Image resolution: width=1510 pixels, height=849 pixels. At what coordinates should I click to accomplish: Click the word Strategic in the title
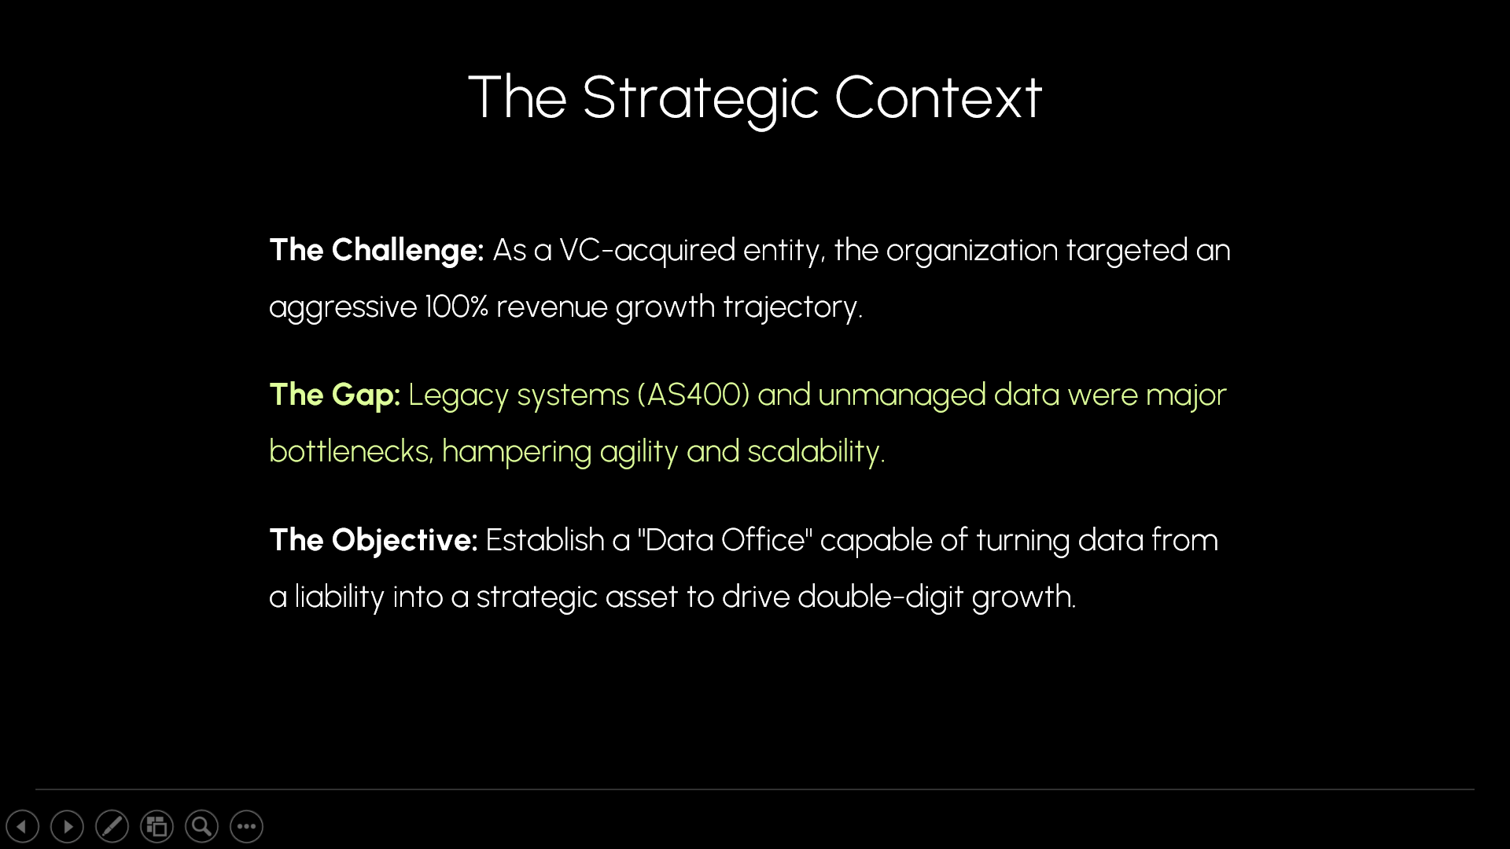(x=701, y=99)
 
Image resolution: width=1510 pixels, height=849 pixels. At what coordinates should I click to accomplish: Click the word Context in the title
(x=938, y=97)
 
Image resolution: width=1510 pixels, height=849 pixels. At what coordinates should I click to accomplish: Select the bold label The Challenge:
(x=377, y=251)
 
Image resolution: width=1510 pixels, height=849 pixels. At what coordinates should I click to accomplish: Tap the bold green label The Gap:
(x=335, y=395)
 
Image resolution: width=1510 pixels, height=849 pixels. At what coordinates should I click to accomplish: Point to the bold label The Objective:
(x=374, y=541)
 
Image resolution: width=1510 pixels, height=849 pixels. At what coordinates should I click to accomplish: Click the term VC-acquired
(x=647, y=251)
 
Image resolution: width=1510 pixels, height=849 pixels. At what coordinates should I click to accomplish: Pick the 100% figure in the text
(x=457, y=307)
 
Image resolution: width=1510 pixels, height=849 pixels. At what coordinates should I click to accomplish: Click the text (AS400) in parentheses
(x=694, y=395)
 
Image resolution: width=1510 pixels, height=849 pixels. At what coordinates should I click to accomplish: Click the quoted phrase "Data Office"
(x=725, y=540)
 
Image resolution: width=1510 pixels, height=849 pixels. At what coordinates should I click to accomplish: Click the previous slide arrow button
(x=22, y=826)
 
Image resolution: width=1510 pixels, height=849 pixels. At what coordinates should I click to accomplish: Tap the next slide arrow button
(x=67, y=826)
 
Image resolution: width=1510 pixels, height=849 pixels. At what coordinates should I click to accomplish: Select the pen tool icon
(x=112, y=826)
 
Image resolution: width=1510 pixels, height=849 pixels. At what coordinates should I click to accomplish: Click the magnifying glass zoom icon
(x=201, y=826)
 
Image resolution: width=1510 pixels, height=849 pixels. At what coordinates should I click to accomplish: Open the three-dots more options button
(x=246, y=826)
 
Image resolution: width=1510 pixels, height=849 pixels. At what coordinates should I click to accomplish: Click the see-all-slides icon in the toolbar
(x=157, y=826)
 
